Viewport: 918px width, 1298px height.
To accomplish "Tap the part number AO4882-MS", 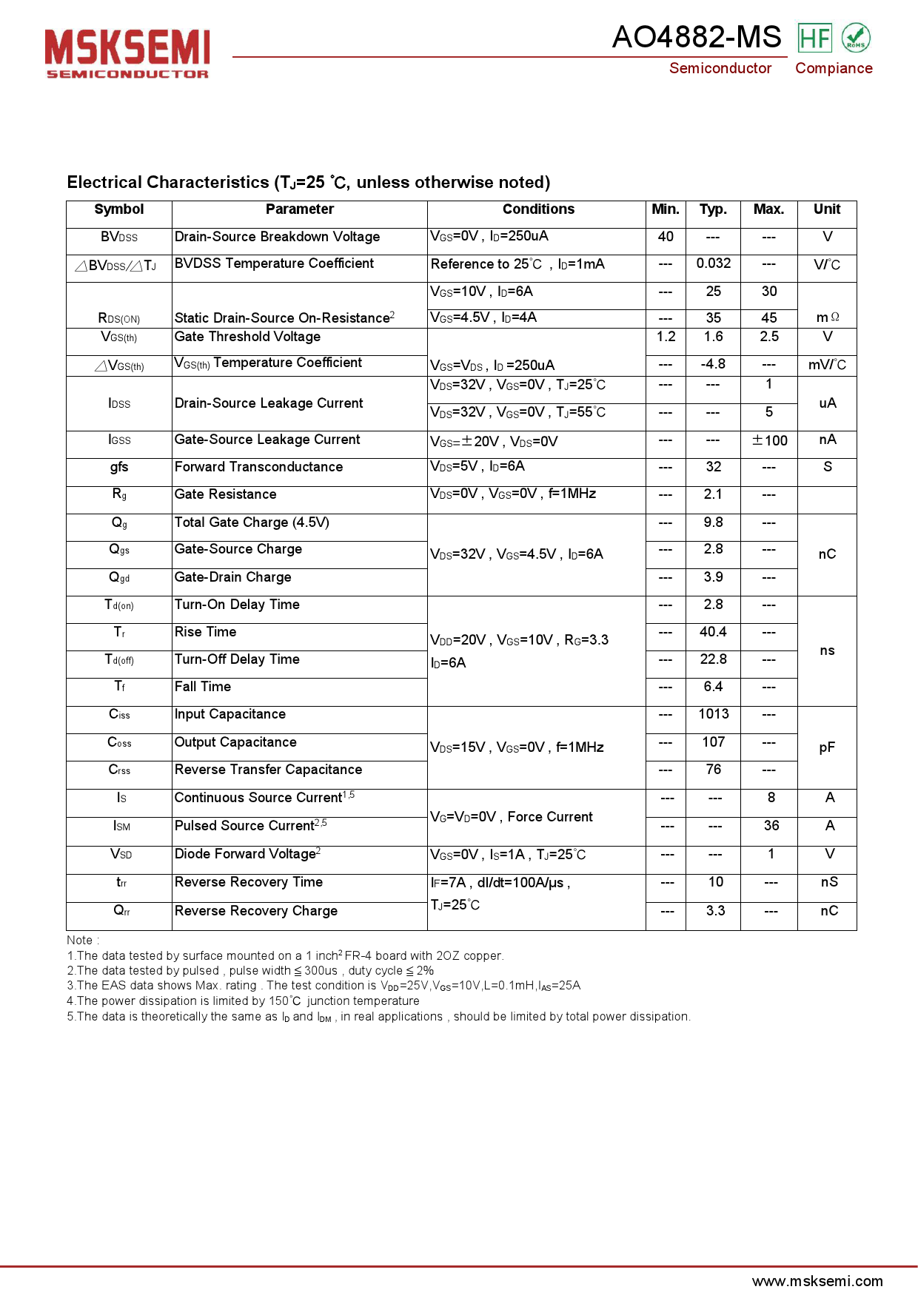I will [697, 37].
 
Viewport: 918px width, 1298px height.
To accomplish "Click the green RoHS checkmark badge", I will [856, 38].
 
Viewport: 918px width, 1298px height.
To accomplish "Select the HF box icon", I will [814, 38].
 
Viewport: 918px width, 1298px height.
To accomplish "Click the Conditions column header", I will [538, 209].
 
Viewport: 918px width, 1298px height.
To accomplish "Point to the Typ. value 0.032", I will [713, 263].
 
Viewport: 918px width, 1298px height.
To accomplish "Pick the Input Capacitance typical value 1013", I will [713, 714].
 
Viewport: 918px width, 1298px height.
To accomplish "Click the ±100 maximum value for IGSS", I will [769, 441].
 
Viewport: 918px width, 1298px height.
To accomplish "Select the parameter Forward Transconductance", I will [258, 467].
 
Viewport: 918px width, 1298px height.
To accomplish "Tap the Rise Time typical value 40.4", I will [713, 632].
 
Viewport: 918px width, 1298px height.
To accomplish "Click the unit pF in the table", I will [827, 747].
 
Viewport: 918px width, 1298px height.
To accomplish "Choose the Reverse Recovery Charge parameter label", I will [255, 911].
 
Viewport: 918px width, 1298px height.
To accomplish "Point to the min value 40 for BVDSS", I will [666, 237].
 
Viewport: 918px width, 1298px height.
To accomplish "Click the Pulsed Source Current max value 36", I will [771, 826].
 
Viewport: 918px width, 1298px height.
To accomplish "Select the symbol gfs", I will [119, 467].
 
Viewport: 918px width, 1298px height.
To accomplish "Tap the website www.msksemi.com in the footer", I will [817, 1281].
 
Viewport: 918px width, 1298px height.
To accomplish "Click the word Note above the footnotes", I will [80, 941].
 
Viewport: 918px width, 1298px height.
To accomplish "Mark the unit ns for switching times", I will [827, 650].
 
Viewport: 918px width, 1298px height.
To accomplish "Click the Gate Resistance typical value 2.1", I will [713, 494].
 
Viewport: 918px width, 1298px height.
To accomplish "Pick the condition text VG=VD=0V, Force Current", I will [512, 817].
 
